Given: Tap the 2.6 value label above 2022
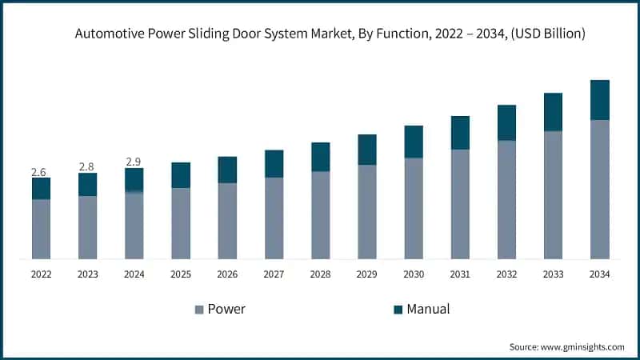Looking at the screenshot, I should click(38, 172).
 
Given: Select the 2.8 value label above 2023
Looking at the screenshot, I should click(86, 166).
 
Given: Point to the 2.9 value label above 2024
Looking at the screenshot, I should click(134, 162).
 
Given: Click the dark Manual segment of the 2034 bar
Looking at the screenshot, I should click(599, 100).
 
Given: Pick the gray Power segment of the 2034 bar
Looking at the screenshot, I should click(599, 190).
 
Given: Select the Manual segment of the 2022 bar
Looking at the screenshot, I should click(41, 189).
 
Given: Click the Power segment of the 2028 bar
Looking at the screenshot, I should click(320, 215).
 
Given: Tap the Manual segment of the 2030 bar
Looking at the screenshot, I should click(414, 142).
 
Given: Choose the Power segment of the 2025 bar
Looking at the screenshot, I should click(181, 223).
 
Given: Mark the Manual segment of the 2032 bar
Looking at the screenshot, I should click(506, 122).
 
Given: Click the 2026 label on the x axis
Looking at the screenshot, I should click(227, 274).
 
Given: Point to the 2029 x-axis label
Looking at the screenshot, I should click(366, 274).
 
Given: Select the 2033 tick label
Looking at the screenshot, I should click(553, 274).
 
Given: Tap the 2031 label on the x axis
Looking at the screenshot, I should click(460, 274).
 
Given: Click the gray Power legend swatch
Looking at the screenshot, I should click(198, 310).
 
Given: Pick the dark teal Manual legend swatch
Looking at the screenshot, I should click(397, 310).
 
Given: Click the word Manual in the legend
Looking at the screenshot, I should click(428, 309).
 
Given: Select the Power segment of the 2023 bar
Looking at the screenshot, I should click(87, 227).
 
